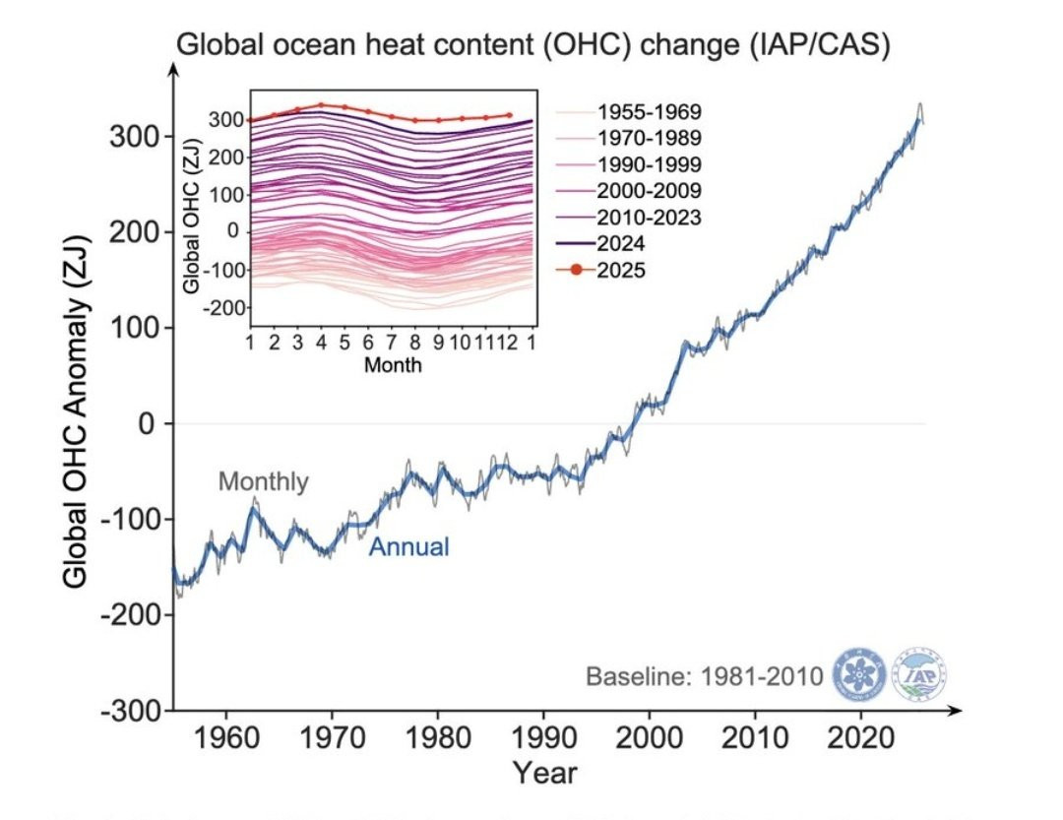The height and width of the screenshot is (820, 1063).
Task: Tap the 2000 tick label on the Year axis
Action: [x=649, y=737]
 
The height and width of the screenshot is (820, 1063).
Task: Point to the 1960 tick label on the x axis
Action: [x=226, y=737]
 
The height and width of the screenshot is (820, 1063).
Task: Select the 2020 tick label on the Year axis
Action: [x=860, y=737]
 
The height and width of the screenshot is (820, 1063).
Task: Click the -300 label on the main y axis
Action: [x=132, y=710]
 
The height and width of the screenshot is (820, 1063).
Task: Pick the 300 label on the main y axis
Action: [x=139, y=136]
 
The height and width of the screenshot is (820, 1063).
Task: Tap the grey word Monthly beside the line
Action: [x=263, y=482]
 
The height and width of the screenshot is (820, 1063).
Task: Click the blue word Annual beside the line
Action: [x=408, y=547]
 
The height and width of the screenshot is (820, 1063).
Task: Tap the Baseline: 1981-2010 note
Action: [x=705, y=677]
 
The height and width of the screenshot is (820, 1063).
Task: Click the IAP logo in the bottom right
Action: [x=919, y=676]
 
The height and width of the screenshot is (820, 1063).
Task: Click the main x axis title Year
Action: [x=544, y=772]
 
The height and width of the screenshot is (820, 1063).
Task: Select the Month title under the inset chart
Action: [x=393, y=366]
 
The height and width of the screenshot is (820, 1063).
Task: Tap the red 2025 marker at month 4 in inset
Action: [x=321, y=104]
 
